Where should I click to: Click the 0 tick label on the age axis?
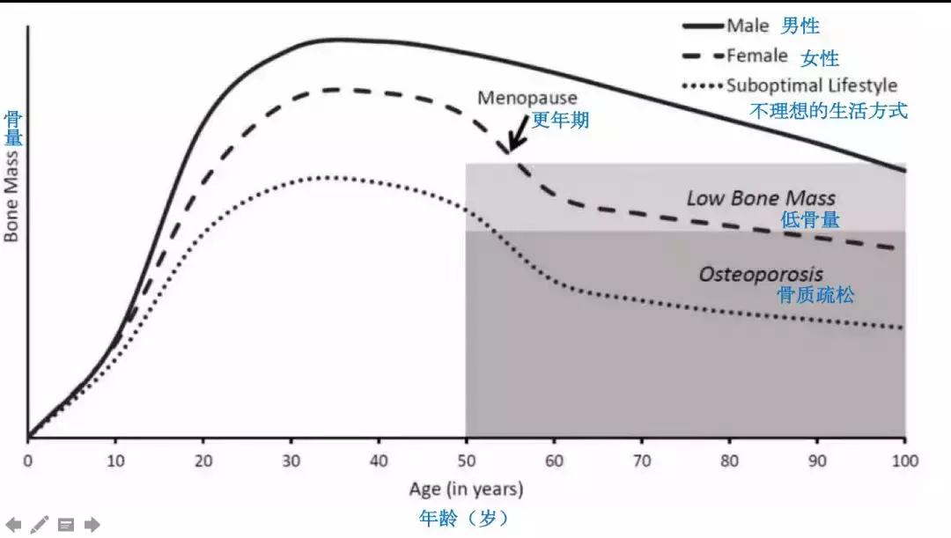tap(27, 461)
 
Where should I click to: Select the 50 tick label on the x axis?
tap(466, 461)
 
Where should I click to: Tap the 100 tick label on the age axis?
tap(905, 461)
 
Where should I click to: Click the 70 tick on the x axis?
tap(642, 461)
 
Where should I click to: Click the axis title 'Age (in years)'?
tap(466, 489)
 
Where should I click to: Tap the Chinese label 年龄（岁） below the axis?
tap(465, 518)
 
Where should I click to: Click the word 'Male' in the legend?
tap(748, 26)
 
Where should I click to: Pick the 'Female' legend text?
tap(757, 56)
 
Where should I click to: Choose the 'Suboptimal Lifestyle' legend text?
tap(812, 85)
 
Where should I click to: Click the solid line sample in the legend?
tap(703, 26)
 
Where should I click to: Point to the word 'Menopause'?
tap(527, 99)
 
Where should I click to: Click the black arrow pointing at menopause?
tap(516, 137)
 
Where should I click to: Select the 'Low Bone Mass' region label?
tap(761, 198)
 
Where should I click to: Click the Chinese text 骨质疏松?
tap(815, 296)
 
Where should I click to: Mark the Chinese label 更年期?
tap(560, 121)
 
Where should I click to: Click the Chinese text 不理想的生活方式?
tap(828, 112)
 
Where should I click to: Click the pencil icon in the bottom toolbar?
tap(40, 525)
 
